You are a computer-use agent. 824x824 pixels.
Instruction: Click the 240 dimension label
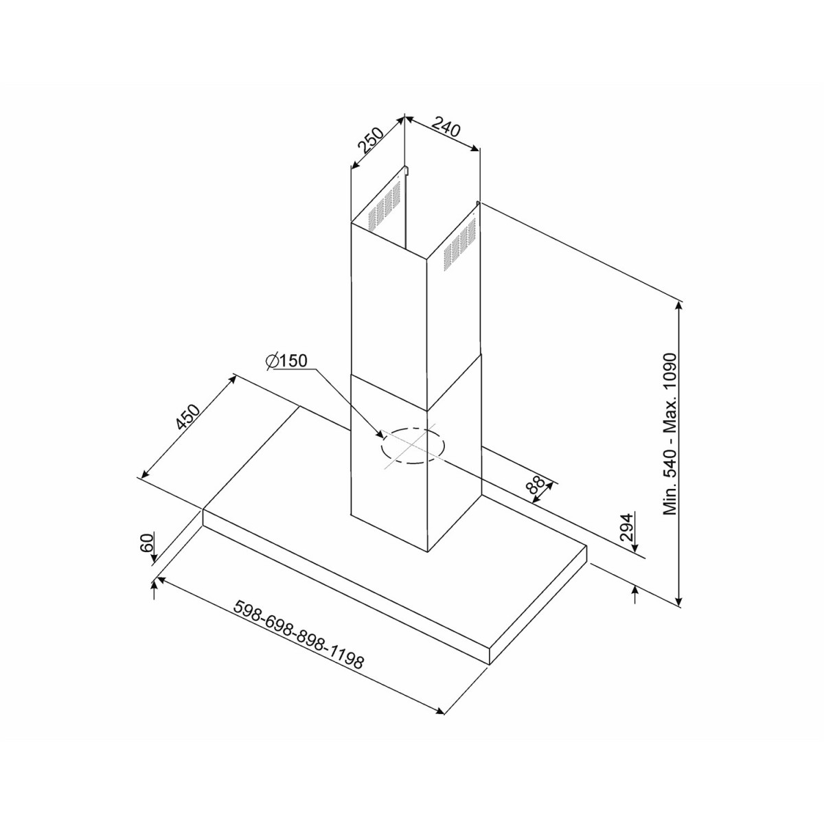point(446,128)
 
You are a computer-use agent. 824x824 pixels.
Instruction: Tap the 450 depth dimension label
point(187,417)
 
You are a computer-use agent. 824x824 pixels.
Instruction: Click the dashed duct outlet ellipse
point(411,446)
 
